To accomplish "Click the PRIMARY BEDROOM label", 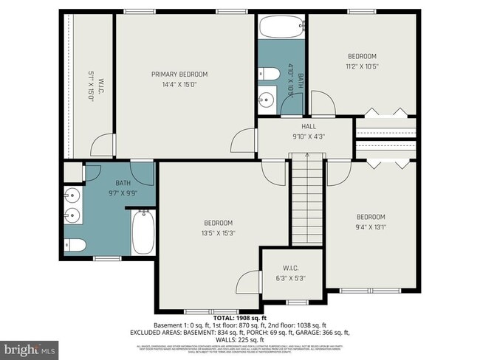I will (x=179, y=74).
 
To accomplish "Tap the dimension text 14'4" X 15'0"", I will (x=179, y=84).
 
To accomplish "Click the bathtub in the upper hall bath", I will (x=281, y=28).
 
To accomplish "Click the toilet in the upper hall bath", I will (x=268, y=73).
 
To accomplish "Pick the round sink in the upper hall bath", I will (x=266, y=99).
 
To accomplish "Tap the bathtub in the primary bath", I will (x=143, y=232).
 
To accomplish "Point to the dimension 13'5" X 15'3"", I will (x=219, y=233).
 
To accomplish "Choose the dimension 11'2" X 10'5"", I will (x=363, y=66).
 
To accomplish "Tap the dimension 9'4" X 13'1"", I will (x=371, y=226).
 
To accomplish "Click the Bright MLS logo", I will (x=30, y=347).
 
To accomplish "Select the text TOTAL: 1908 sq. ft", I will (x=240, y=317).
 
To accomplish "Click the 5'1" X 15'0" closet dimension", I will (x=91, y=86).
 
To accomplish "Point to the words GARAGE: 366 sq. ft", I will (x=324, y=333).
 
